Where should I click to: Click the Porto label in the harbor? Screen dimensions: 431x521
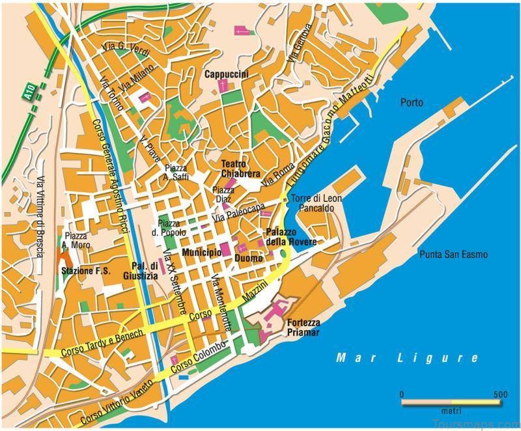pyautogui.click(x=412, y=102)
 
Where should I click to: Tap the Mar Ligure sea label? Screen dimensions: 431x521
pyautogui.click(x=408, y=358)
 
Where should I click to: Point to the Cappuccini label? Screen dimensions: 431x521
pyautogui.click(x=227, y=75)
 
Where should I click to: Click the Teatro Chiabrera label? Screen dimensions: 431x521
pyautogui.click(x=240, y=169)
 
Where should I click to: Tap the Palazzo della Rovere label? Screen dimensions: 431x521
pyautogui.click(x=290, y=237)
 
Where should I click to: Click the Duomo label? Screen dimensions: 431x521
pyautogui.click(x=248, y=258)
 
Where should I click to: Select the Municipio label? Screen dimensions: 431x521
pyautogui.click(x=201, y=252)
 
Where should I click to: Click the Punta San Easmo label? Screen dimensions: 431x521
pyautogui.click(x=453, y=255)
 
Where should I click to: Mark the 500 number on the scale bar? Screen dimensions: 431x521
pyautogui.click(x=500, y=395)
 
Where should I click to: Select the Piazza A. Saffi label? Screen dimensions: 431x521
pyautogui.click(x=176, y=173)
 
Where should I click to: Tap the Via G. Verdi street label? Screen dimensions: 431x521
pyautogui.click(x=126, y=50)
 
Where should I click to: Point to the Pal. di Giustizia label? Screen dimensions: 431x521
pyautogui.click(x=145, y=271)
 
